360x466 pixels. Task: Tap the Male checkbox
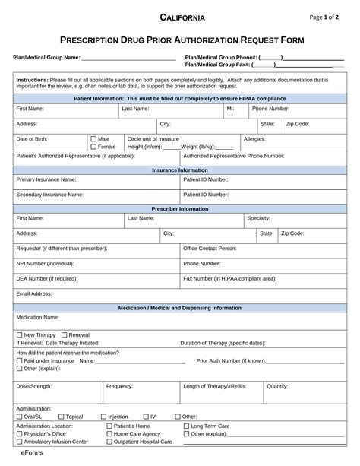point(93,139)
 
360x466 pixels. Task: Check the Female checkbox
point(93,147)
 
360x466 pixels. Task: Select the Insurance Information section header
point(180,170)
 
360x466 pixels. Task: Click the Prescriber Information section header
point(180,208)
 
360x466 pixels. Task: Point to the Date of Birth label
point(33,139)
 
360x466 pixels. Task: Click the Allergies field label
point(254,139)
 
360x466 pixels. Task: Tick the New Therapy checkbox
point(20,334)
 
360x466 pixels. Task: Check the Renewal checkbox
point(65,334)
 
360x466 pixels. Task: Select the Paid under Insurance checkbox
point(20,360)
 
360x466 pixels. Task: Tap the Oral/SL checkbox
point(20,417)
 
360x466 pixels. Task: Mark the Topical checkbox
point(61,417)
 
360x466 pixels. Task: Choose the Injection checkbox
point(103,417)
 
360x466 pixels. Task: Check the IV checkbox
point(146,417)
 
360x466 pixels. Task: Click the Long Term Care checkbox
point(186,426)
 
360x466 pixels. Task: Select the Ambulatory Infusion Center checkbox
point(20,442)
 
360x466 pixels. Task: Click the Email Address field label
point(34,293)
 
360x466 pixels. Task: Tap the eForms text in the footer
point(32,455)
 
